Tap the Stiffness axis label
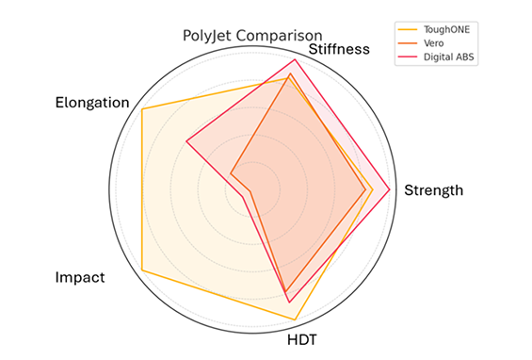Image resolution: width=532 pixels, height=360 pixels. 338,49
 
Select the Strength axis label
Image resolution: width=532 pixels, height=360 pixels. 433,190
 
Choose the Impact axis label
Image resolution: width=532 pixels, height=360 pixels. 80,278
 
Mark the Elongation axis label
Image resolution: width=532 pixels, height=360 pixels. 91,102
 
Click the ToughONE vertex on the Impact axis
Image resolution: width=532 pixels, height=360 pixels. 141,271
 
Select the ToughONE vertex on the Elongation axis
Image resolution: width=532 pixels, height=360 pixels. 141,109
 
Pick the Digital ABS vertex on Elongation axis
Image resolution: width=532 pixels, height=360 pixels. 186,142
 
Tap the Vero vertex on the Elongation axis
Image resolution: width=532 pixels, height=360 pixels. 231,174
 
